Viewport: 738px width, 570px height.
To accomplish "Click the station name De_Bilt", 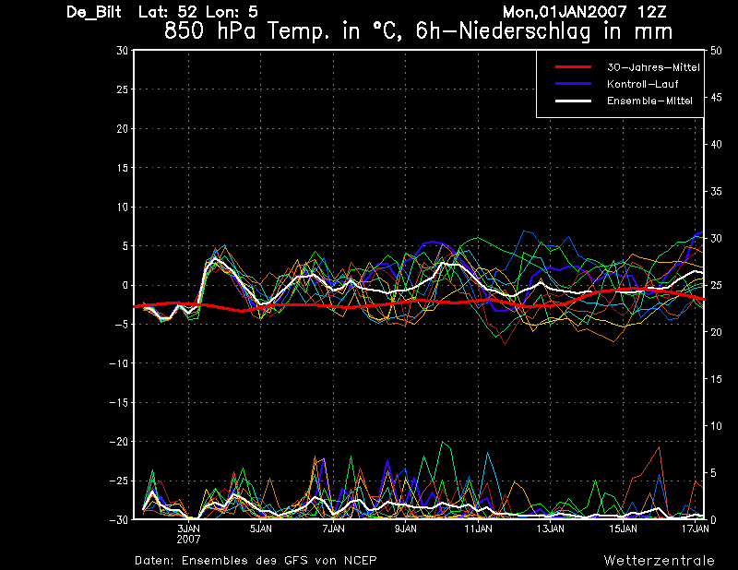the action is [x=94, y=12].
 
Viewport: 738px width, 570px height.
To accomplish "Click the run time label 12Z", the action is [x=652, y=12].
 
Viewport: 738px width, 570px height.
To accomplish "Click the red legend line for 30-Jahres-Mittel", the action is [x=573, y=67].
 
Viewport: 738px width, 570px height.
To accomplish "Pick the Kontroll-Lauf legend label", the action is [x=642, y=84].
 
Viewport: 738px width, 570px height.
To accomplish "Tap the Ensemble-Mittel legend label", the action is [x=649, y=101].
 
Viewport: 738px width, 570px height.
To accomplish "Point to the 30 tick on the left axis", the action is [x=123, y=51].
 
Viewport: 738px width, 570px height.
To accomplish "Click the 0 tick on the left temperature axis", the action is [x=125, y=285].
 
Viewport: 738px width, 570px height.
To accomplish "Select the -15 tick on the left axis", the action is [x=119, y=402].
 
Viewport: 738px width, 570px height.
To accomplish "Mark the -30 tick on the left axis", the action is [x=119, y=519].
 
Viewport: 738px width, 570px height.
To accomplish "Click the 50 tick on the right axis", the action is [x=716, y=51].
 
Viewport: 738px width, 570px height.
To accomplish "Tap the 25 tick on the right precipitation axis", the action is [x=716, y=285].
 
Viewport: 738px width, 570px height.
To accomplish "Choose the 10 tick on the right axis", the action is [x=716, y=426].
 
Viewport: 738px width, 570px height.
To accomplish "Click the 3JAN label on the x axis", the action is [x=188, y=528].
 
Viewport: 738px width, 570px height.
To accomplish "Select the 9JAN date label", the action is [x=406, y=528].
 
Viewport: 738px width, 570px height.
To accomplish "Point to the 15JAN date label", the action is [x=624, y=528].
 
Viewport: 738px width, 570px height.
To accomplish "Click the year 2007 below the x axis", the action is [x=188, y=539].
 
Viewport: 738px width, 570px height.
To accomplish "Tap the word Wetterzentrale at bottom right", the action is [x=659, y=561].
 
